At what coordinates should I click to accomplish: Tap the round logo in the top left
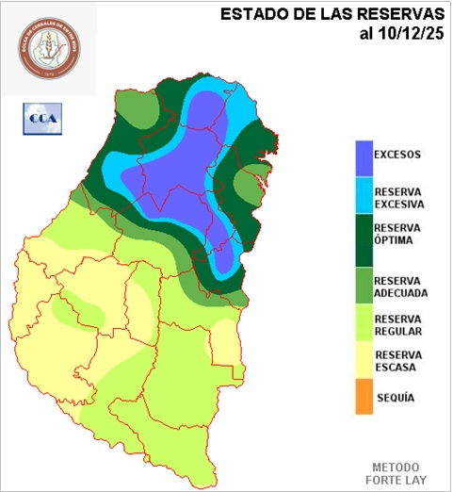coord(46,49)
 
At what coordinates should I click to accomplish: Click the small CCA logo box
coord(40,118)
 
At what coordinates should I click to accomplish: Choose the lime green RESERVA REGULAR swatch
coord(364,324)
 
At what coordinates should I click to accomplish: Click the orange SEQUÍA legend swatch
coord(364,399)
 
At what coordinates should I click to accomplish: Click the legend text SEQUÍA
coord(396,398)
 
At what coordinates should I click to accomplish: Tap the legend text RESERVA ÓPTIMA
coord(397,234)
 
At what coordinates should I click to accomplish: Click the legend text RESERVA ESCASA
coord(397,361)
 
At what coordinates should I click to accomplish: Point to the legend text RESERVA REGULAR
coord(397,324)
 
